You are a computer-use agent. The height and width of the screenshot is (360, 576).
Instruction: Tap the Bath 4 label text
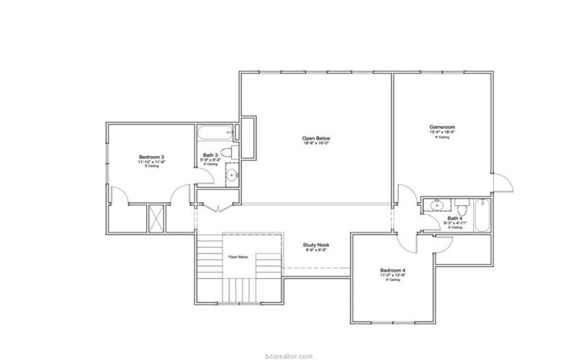(454, 217)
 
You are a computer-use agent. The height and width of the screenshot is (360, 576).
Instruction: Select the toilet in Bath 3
(225, 151)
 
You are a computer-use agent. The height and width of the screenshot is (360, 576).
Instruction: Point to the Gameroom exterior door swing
(502, 184)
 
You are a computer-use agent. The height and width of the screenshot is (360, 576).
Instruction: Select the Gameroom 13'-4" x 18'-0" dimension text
(442, 132)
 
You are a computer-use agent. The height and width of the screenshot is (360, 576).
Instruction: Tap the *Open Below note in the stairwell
(238, 256)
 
